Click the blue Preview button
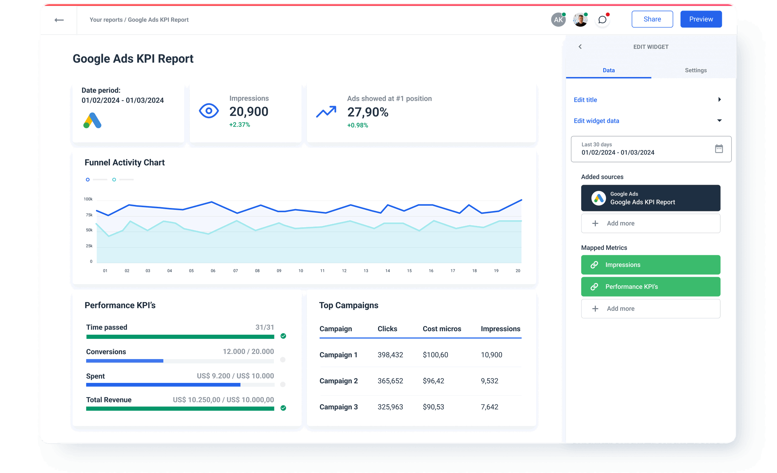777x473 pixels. (x=701, y=19)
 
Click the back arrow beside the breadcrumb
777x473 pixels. (x=59, y=20)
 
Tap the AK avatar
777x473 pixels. (x=558, y=20)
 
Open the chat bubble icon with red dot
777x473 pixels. (x=602, y=20)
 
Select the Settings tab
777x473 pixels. (x=695, y=70)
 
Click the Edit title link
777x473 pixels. (x=585, y=100)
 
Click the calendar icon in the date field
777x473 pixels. (x=719, y=148)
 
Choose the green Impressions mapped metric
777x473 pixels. (x=650, y=265)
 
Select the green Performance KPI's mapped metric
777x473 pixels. (x=650, y=287)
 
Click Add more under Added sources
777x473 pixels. (x=650, y=223)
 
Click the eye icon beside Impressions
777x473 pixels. (x=209, y=111)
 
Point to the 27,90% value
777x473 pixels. (x=368, y=112)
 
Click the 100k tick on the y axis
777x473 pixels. (x=88, y=199)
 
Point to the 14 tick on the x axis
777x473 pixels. (x=387, y=271)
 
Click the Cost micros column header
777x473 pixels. (x=442, y=329)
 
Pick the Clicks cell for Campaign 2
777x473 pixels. (x=390, y=381)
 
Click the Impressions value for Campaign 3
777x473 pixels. (x=489, y=407)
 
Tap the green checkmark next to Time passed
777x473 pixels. (x=283, y=336)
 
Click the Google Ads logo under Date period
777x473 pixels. (x=92, y=120)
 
